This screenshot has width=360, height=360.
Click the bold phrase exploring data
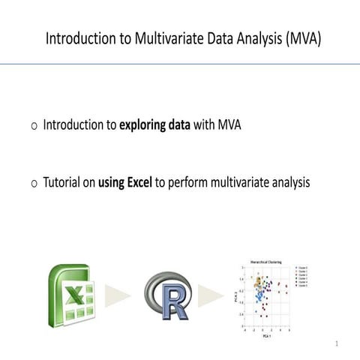[x=154, y=124]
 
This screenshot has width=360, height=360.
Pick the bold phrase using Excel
[x=124, y=181]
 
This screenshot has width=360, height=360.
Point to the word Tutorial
[x=63, y=181]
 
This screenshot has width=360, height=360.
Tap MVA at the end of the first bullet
[x=229, y=124]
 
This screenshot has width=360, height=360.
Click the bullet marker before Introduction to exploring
[x=34, y=124]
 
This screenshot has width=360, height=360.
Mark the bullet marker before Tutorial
[x=34, y=182]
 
